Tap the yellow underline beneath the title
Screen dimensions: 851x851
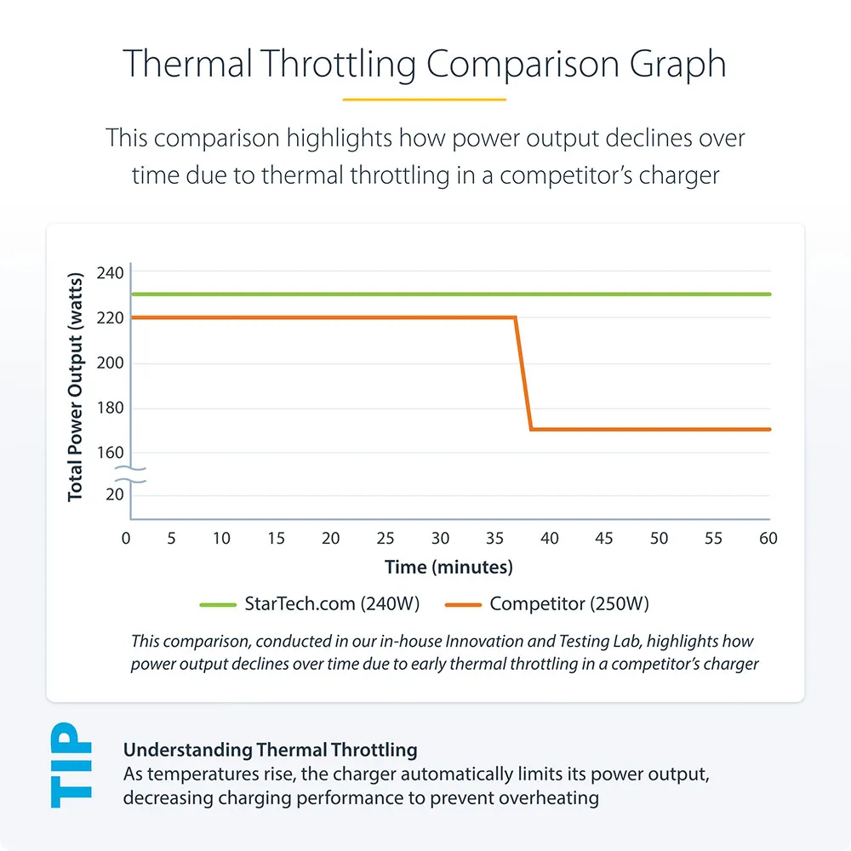coord(424,100)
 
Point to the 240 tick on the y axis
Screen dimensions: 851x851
coord(111,273)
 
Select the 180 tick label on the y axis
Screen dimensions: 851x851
coord(111,408)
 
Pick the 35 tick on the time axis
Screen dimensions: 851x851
coord(494,539)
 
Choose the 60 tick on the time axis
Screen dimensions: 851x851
coord(768,539)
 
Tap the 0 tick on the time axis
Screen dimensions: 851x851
coord(127,539)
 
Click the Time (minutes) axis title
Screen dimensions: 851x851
coord(448,567)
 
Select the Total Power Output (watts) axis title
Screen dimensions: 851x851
coord(77,386)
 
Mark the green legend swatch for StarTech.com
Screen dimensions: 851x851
coord(218,605)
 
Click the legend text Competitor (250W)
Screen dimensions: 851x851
coord(569,605)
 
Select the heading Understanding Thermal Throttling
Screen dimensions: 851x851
coord(271,750)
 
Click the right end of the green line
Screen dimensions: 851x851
coord(768,294)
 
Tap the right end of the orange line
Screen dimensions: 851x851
coord(768,429)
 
